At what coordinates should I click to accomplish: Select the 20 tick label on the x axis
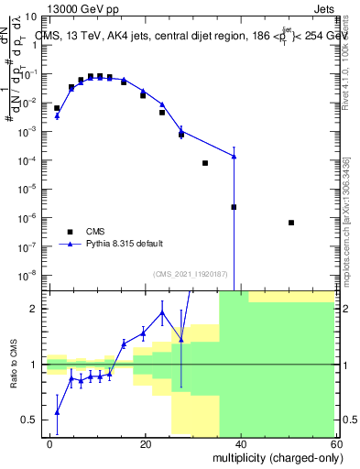[x=145, y=444]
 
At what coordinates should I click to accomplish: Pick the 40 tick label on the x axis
[x=240, y=444]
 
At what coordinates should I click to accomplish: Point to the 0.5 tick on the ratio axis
[x=32, y=420]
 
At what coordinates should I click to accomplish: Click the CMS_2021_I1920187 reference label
[x=186, y=274]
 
